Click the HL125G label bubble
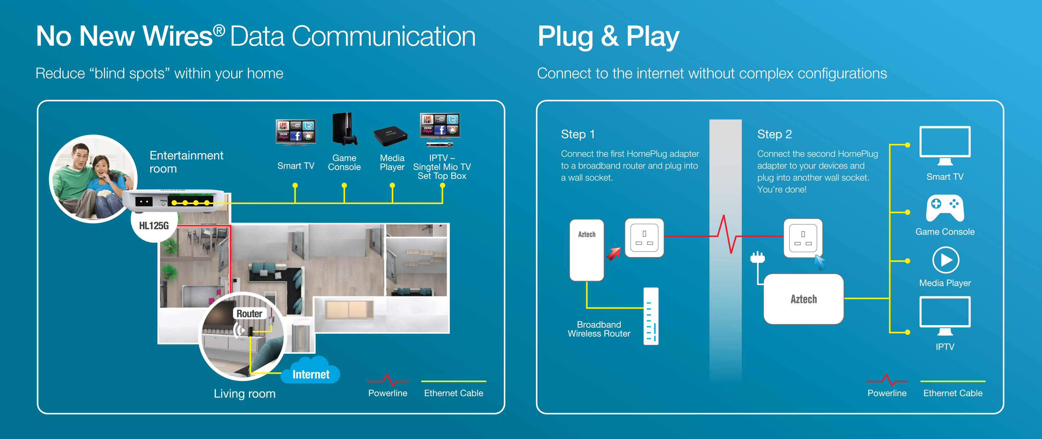(154, 226)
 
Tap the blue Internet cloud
(311, 371)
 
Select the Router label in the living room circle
(249, 313)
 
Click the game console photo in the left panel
(344, 129)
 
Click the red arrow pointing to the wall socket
(614, 254)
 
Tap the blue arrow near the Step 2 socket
(819, 262)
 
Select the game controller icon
(945, 209)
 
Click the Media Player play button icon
(945, 260)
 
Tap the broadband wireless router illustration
(651, 316)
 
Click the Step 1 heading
(578, 134)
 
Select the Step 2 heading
(774, 134)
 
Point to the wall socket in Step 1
(644, 238)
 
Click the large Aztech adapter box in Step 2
(803, 299)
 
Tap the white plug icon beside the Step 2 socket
(757, 257)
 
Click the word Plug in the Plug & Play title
(566, 37)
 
